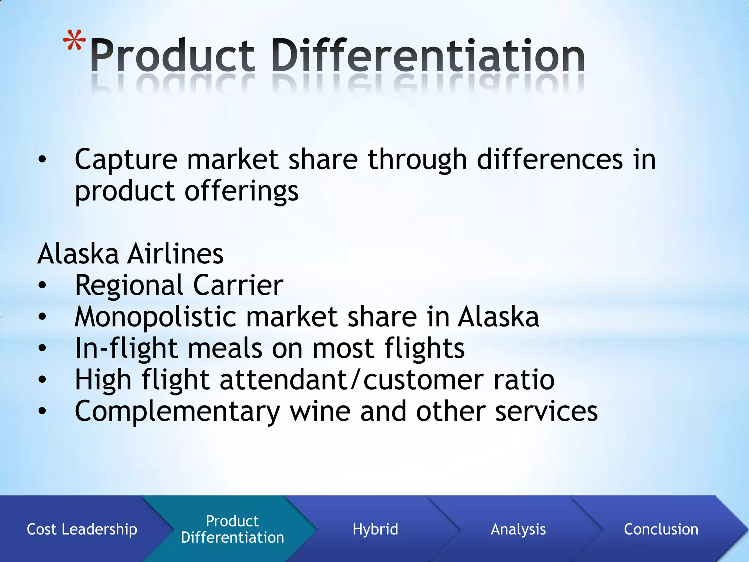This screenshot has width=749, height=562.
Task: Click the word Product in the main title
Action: point(172,56)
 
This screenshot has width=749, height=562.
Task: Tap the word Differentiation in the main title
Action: point(428,56)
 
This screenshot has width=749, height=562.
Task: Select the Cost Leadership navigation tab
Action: point(82,529)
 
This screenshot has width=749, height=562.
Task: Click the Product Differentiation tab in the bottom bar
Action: point(232,529)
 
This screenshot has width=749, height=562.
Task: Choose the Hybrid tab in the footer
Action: point(375,529)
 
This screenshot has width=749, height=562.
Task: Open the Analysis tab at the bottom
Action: point(518,529)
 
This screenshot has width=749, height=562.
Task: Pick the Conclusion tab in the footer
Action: point(661,529)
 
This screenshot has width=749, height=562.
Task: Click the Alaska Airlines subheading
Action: point(130,254)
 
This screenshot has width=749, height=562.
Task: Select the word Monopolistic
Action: point(155,316)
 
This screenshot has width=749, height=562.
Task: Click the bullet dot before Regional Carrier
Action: point(42,285)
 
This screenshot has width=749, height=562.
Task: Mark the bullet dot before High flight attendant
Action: point(42,379)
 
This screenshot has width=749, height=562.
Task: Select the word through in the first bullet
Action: point(417,160)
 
